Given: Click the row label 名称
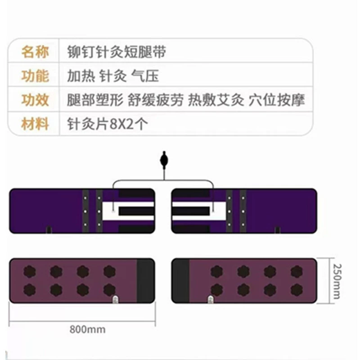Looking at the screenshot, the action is (x=35, y=52).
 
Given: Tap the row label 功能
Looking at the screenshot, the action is (x=35, y=76).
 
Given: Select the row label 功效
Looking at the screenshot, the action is (x=35, y=100).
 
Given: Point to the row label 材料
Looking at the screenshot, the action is (x=35, y=124).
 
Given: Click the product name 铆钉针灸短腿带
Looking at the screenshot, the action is (x=117, y=52).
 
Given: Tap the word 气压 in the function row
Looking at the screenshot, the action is (x=145, y=76).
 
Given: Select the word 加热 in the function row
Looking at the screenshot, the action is (x=81, y=76).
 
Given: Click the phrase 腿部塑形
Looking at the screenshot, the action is (x=95, y=100).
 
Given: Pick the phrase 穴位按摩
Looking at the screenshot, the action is (x=277, y=100).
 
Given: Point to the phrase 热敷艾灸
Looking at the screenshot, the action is (x=216, y=100).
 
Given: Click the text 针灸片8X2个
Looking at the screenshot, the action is (x=108, y=124).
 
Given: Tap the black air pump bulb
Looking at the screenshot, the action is (x=164, y=160).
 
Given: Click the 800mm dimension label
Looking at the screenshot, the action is (x=87, y=329).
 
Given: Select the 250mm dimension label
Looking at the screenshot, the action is (x=337, y=282).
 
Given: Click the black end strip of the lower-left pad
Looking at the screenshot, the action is (x=145, y=280).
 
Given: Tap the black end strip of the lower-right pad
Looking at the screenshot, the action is (x=180, y=280).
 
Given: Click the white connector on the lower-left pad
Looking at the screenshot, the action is (x=116, y=299).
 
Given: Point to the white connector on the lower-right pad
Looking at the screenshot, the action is (x=211, y=299).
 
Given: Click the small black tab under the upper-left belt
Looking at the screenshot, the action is (x=49, y=230).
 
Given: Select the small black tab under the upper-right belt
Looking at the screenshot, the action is (x=278, y=230).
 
